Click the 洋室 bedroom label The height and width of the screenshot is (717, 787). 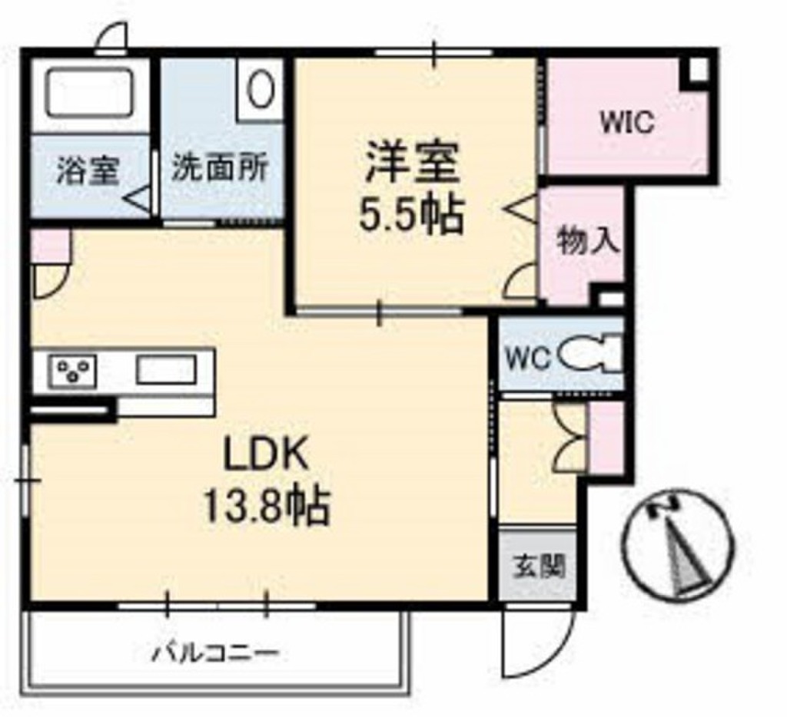click(x=412, y=164)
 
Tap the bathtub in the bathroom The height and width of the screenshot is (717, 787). click(x=91, y=93)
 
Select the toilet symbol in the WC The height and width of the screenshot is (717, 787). click(x=588, y=356)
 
